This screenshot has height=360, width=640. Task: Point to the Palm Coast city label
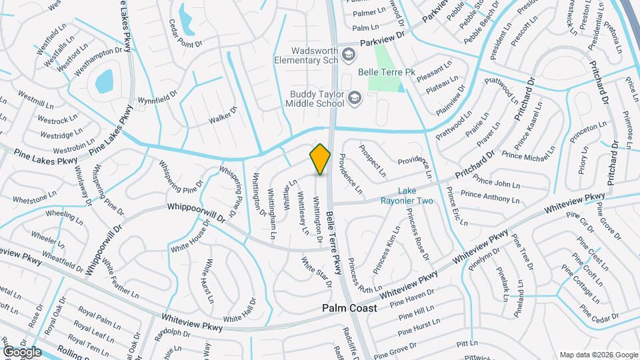tap(349, 308)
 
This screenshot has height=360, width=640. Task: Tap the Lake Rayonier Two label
tap(407, 195)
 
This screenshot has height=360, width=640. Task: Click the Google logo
tap(21, 351)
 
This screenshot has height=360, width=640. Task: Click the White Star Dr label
tap(316, 273)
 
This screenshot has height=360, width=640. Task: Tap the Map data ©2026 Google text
tap(598, 355)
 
